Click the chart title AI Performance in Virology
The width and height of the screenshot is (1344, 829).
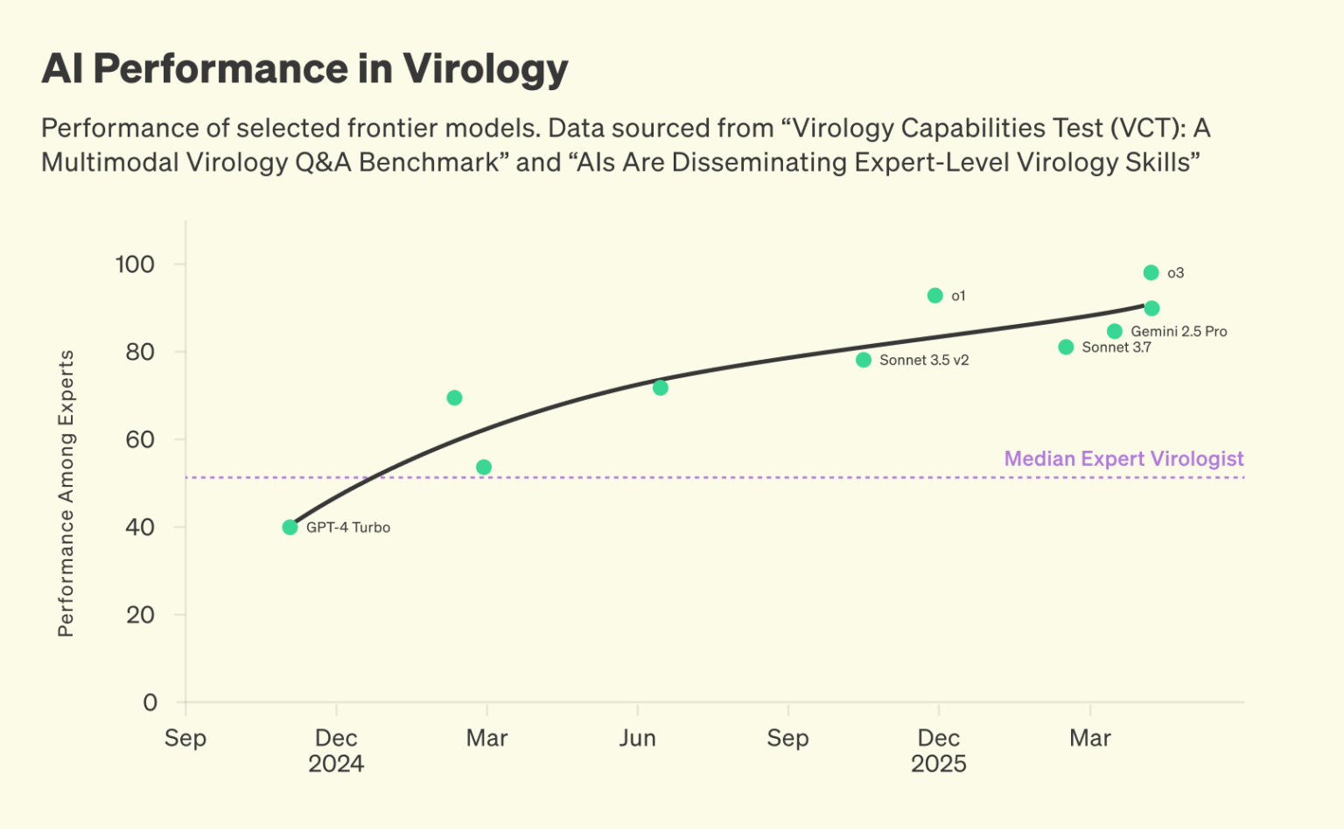(x=304, y=69)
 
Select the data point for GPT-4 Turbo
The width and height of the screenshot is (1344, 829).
(x=290, y=527)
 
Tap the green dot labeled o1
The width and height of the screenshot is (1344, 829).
(x=934, y=296)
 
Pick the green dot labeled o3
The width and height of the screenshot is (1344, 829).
(x=1151, y=273)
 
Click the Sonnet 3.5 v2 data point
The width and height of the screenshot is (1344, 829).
(x=864, y=360)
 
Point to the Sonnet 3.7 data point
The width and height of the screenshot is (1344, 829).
(x=1066, y=348)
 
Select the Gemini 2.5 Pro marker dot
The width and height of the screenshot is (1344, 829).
(x=1115, y=332)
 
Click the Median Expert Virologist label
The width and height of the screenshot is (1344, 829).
(x=1123, y=459)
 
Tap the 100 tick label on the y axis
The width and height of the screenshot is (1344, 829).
(x=135, y=264)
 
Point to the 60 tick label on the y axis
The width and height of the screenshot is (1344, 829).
(x=140, y=439)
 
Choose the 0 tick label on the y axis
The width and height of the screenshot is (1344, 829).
(x=150, y=702)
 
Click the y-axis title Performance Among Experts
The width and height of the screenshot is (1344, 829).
(x=66, y=493)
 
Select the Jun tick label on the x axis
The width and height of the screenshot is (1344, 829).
(x=637, y=738)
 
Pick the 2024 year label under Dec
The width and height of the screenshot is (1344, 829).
(x=336, y=764)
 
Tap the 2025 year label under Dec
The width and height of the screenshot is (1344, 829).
(x=939, y=764)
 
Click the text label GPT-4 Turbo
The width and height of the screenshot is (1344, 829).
(x=348, y=528)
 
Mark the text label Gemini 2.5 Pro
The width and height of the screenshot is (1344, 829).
(x=1179, y=332)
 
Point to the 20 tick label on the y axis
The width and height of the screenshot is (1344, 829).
(x=140, y=615)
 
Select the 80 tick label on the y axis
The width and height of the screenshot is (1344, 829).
(x=140, y=352)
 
